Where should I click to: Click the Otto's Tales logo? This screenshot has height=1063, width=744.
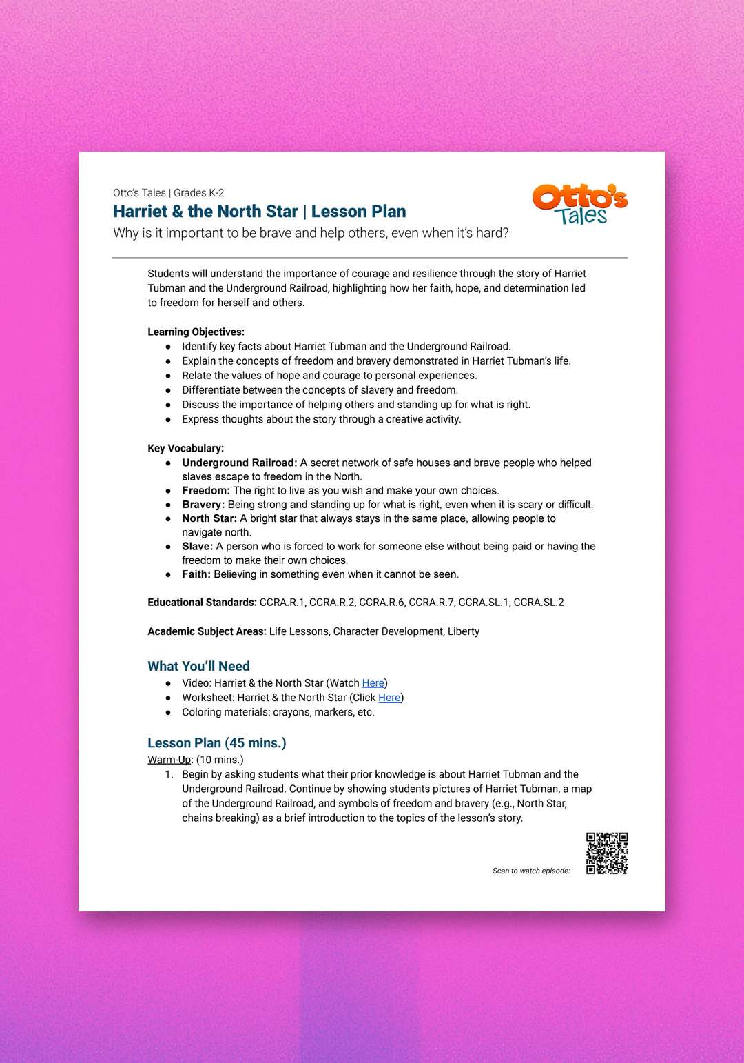[x=579, y=204]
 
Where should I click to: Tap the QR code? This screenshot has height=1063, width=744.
[x=607, y=853]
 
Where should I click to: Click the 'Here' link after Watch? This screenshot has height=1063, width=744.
[x=373, y=683]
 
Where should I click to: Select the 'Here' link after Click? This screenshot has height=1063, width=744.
[x=389, y=698]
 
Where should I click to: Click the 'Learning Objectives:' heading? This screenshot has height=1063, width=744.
[x=196, y=332]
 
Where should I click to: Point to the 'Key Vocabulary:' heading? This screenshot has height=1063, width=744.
[x=185, y=448]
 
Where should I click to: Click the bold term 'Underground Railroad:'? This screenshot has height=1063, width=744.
[x=239, y=463]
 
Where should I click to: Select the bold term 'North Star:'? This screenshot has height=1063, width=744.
[x=209, y=518]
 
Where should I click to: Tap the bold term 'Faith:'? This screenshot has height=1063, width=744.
[x=196, y=574]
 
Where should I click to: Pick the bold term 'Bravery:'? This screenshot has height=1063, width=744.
[x=203, y=505]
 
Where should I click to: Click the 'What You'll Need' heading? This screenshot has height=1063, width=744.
[x=198, y=666]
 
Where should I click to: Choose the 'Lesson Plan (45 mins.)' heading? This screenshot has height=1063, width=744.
[x=216, y=743]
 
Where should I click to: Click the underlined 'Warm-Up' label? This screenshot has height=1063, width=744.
[x=169, y=760]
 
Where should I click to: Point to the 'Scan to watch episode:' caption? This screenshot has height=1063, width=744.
[x=531, y=871]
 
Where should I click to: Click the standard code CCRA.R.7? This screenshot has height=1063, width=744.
[x=431, y=603]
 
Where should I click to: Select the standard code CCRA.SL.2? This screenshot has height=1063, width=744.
[x=539, y=603]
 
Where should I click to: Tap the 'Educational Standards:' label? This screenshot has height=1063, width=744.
[x=202, y=603]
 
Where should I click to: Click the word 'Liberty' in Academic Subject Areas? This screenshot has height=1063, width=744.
[x=464, y=631]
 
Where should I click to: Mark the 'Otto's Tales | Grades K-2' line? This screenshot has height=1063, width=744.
[x=168, y=193]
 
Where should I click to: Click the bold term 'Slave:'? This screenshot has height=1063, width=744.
[x=197, y=547]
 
